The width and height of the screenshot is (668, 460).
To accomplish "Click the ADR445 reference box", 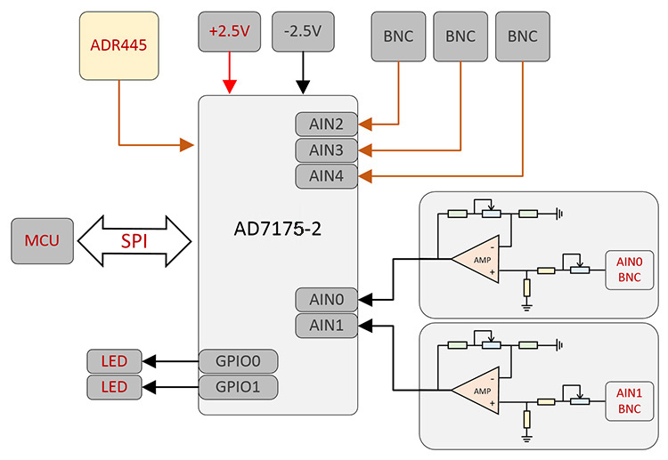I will (x=118, y=44).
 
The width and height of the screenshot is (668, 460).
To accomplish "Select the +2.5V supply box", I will (x=230, y=31).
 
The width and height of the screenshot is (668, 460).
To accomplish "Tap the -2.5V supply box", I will (x=302, y=31).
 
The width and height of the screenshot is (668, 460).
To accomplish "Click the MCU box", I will (x=42, y=241).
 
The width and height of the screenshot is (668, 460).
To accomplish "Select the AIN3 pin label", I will (x=327, y=150).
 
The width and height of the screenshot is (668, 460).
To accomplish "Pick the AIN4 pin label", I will (x=327, y=176).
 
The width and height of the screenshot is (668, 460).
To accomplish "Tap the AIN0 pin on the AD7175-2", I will (x=327, y=300).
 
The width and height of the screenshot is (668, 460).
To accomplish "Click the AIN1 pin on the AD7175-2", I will (x=327, y=326).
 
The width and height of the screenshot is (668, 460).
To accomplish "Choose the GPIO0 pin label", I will (x=238, y=361).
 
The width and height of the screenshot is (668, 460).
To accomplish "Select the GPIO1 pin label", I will (x=238, y=387).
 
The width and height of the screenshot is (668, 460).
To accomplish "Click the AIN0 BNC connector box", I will (x=629, y=270).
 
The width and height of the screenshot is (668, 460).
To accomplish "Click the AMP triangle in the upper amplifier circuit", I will (x=478, y=259).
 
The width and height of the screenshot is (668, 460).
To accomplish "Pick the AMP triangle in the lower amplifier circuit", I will (x=478, y=390).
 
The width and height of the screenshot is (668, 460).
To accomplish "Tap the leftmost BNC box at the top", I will (x=398, y=36).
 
